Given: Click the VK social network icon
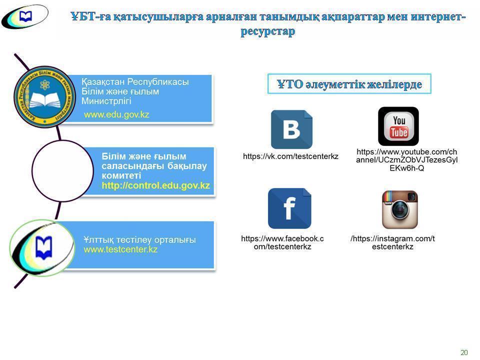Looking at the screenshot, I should pos(291,129).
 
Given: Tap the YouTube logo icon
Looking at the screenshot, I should pos(398,126).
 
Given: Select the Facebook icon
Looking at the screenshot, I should pos(289,208).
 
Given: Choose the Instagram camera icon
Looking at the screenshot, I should pos(399,209).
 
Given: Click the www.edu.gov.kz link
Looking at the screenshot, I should pos(116,114).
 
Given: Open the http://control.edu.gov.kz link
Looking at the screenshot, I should pos(155,185).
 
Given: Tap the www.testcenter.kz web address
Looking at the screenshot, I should pos(120,249).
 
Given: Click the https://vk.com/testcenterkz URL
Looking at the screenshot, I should pos(290,156).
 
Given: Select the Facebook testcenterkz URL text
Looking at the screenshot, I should pos(282,242).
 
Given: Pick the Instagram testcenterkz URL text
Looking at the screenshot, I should pos(392,242).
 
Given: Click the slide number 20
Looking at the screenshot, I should pos(464,352).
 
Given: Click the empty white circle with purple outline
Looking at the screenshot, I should pos(62,171).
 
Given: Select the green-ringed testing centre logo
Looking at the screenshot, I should pos(42,248).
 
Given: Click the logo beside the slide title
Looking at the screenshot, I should pos(24,17).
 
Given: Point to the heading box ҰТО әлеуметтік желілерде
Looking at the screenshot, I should pos(349,84).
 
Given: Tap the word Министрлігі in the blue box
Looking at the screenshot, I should pos(106,101).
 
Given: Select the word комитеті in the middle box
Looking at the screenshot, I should pos(121,175).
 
